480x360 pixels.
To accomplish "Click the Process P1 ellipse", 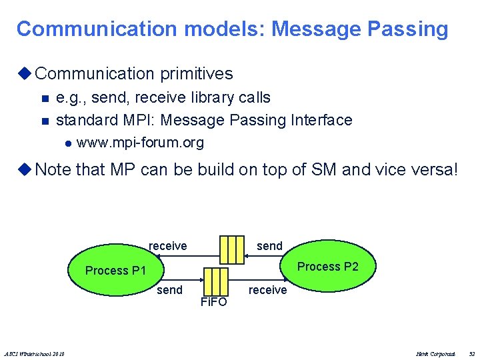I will click(x=113, y=271).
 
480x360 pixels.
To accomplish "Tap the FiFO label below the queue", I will click(x=213, y=302).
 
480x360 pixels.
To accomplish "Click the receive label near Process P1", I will click(x=168, y=246).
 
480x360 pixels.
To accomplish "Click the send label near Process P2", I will click(x=269, y=246).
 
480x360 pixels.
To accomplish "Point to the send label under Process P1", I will click(x=169, y=290).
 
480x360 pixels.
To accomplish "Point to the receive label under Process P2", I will click(x=267, y=290).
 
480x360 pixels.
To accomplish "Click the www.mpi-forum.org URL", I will click(x=141, y=143).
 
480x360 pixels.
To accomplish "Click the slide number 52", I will click(x=472, y=353).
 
